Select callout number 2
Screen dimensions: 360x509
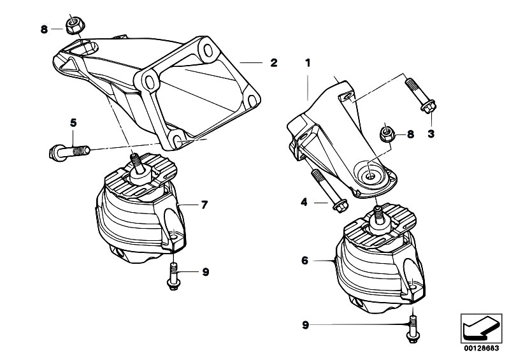pyautogui.click(x=273, y=62)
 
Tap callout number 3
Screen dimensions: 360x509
pyautogui.click(x=431, y=134)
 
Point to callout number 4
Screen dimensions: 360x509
pyautogui.click(x=304, y=203)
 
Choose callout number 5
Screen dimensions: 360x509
pyautogui.click(x=73, y=122)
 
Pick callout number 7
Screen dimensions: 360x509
pyautogui.click(x=204, y=205)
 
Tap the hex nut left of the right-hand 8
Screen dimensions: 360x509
pyautogui.click(x=386, y=134)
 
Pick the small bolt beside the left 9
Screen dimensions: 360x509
pyautogui.click(x=174, y=277)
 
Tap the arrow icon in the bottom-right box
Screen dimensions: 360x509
pyautogui.click(x=481, y=327)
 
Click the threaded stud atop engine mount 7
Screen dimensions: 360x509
pyautogui.click(x=136, y=162)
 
